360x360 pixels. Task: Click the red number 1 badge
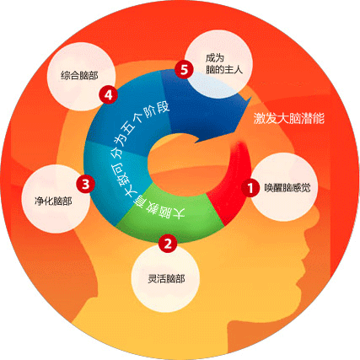point(250,188)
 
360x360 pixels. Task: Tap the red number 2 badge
point(168,244)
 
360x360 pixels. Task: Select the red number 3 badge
point(85,184)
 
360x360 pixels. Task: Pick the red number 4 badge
point(108,95)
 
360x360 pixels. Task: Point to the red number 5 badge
point(184,69)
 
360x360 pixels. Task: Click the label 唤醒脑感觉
point(287,188)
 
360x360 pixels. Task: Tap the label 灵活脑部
point(166,279)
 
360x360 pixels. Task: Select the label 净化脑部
point(53,201)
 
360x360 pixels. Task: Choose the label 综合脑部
point(79,75)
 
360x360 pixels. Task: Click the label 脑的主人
point(223,69)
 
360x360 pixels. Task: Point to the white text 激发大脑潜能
point(289,118)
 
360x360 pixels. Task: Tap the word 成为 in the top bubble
point(214,58)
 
